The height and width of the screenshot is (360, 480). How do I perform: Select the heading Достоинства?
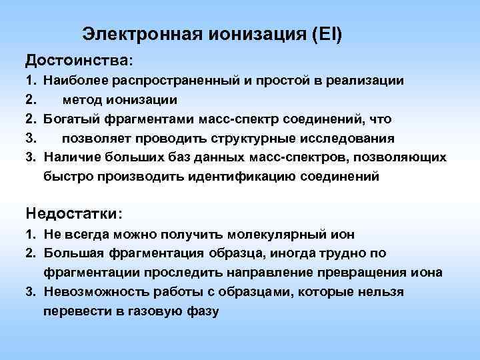pyautogui.click(x=79, y=60)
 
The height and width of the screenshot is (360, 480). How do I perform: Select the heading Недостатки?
pyautogui.click(x=74, y=213)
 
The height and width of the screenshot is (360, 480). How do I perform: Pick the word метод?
pyautogui.click(x=82, y=100)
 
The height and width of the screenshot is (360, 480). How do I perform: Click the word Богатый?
pyautogui.click(x=69, y=119)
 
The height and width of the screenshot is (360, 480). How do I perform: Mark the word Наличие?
pyautogui.click(x=68, y=157)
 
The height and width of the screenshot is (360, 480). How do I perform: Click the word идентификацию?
pyautogui.click(x=257, y=177)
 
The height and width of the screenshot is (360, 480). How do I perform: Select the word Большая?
pyautogui.click(x=69, y=253)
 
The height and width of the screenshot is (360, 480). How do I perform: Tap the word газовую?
pyautogui.click(x=155, y=311)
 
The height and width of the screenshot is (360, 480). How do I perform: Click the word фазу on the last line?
pyautogui.click(x=201, y=311)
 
